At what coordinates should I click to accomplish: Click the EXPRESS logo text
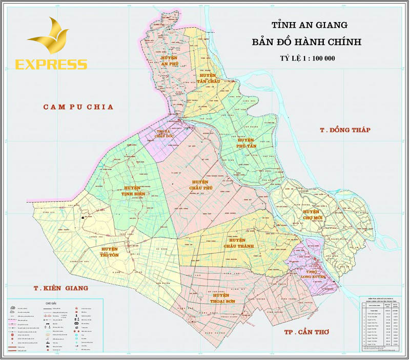(x=51, y=64)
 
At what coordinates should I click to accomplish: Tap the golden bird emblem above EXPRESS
(x=49, y=37)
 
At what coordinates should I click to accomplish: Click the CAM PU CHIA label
(x=78, y=107)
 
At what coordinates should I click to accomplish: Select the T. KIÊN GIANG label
(x=58, y=288)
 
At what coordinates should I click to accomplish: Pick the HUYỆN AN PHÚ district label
(x=169, y=61)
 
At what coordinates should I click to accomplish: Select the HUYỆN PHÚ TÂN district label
(x=246, y=143)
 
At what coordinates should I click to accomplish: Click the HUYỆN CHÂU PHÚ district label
(x=200, y=185)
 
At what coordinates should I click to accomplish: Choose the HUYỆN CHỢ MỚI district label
(x=311, y=215)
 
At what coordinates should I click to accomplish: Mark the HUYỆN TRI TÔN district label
(x=109, y=252)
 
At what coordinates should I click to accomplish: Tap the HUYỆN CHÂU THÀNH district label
(x=237, y=244)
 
